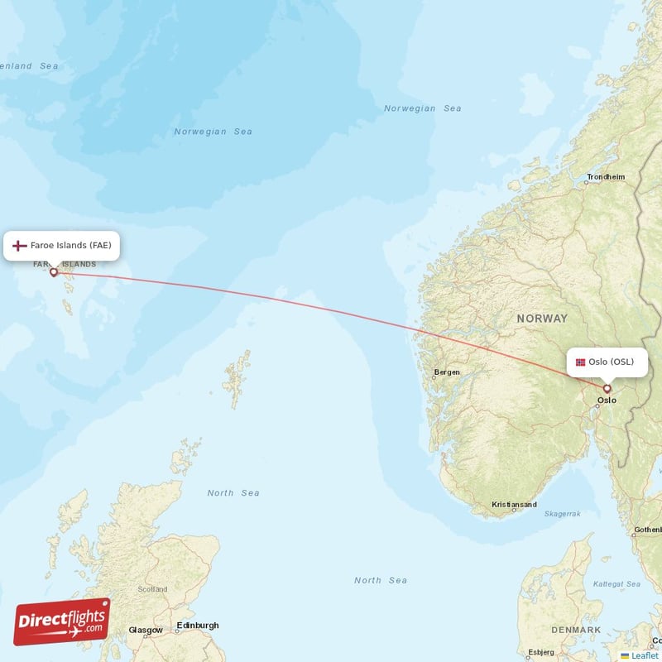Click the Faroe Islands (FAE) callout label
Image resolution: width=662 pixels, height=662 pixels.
63,246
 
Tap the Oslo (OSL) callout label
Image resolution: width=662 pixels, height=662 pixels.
607,362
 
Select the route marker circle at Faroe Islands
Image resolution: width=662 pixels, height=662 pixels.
54,271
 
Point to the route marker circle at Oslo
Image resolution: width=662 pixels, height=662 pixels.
607,388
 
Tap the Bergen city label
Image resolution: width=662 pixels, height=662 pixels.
447,372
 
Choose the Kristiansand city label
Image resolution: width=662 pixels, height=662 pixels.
514,505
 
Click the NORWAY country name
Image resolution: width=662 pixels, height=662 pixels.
542,318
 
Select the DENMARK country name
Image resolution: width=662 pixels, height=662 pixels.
577,630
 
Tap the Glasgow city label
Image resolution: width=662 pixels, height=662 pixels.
146,630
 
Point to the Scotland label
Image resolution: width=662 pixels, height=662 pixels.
152,589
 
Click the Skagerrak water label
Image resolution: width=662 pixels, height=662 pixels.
563,514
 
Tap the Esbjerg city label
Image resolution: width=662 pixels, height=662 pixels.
541,651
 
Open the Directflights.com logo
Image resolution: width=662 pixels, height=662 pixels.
61,621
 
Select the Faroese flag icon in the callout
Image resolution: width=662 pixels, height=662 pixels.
20,246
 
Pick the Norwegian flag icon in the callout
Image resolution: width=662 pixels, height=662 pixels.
580,362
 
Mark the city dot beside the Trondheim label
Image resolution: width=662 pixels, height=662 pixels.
585,185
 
